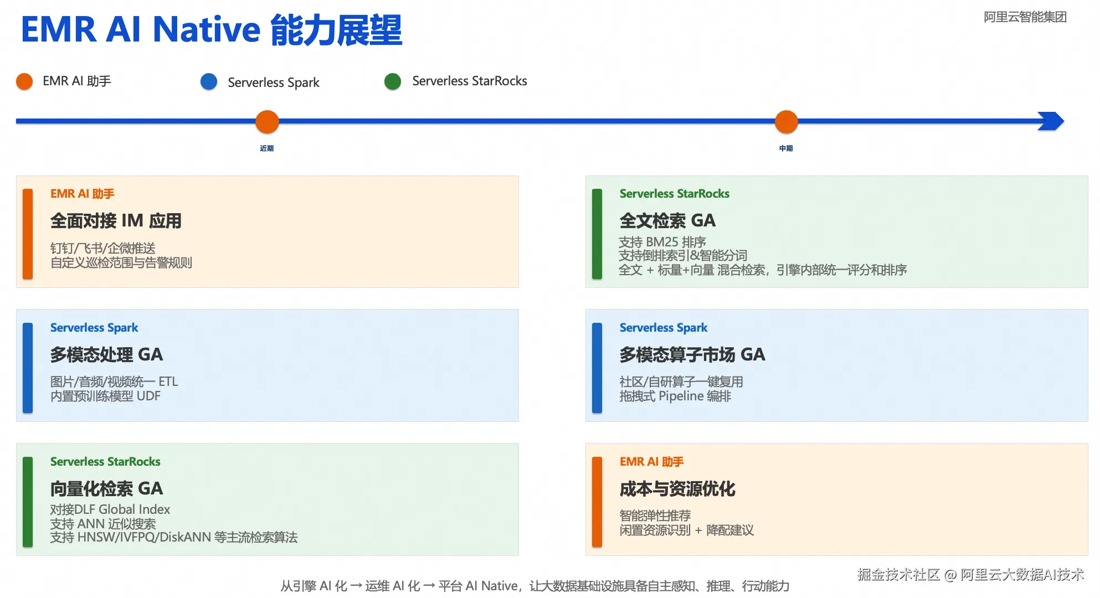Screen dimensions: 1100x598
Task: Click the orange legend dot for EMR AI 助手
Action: pos(24,81)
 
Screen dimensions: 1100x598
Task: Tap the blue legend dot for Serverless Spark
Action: pos(209,81)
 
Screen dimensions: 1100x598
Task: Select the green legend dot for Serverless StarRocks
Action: pos(393,81)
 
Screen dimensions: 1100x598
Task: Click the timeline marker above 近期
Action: pos(267,122)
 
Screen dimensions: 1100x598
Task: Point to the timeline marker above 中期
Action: pos(786,122)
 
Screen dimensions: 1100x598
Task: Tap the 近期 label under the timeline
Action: pos(267,148)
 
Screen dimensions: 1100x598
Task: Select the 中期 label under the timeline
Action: pos(786,148)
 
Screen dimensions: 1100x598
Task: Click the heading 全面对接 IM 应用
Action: pos(116,221)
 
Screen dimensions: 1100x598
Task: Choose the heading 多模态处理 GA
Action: pos(106,355)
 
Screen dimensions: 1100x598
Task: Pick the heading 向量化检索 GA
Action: pos(106,489)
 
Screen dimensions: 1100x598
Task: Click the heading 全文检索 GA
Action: pos(667,221)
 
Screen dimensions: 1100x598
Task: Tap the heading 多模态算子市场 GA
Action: pos(692,355)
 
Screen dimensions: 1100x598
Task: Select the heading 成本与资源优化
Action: pos(677,489)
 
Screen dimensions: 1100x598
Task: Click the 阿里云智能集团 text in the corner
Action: pos(1025,17)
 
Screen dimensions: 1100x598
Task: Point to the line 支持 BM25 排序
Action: pos(662,242)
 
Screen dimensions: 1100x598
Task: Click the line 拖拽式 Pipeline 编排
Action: pos(675,396)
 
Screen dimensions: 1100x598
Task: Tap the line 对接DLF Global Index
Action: pos(110,509)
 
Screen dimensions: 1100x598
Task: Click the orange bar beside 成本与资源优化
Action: pos(597,502)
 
